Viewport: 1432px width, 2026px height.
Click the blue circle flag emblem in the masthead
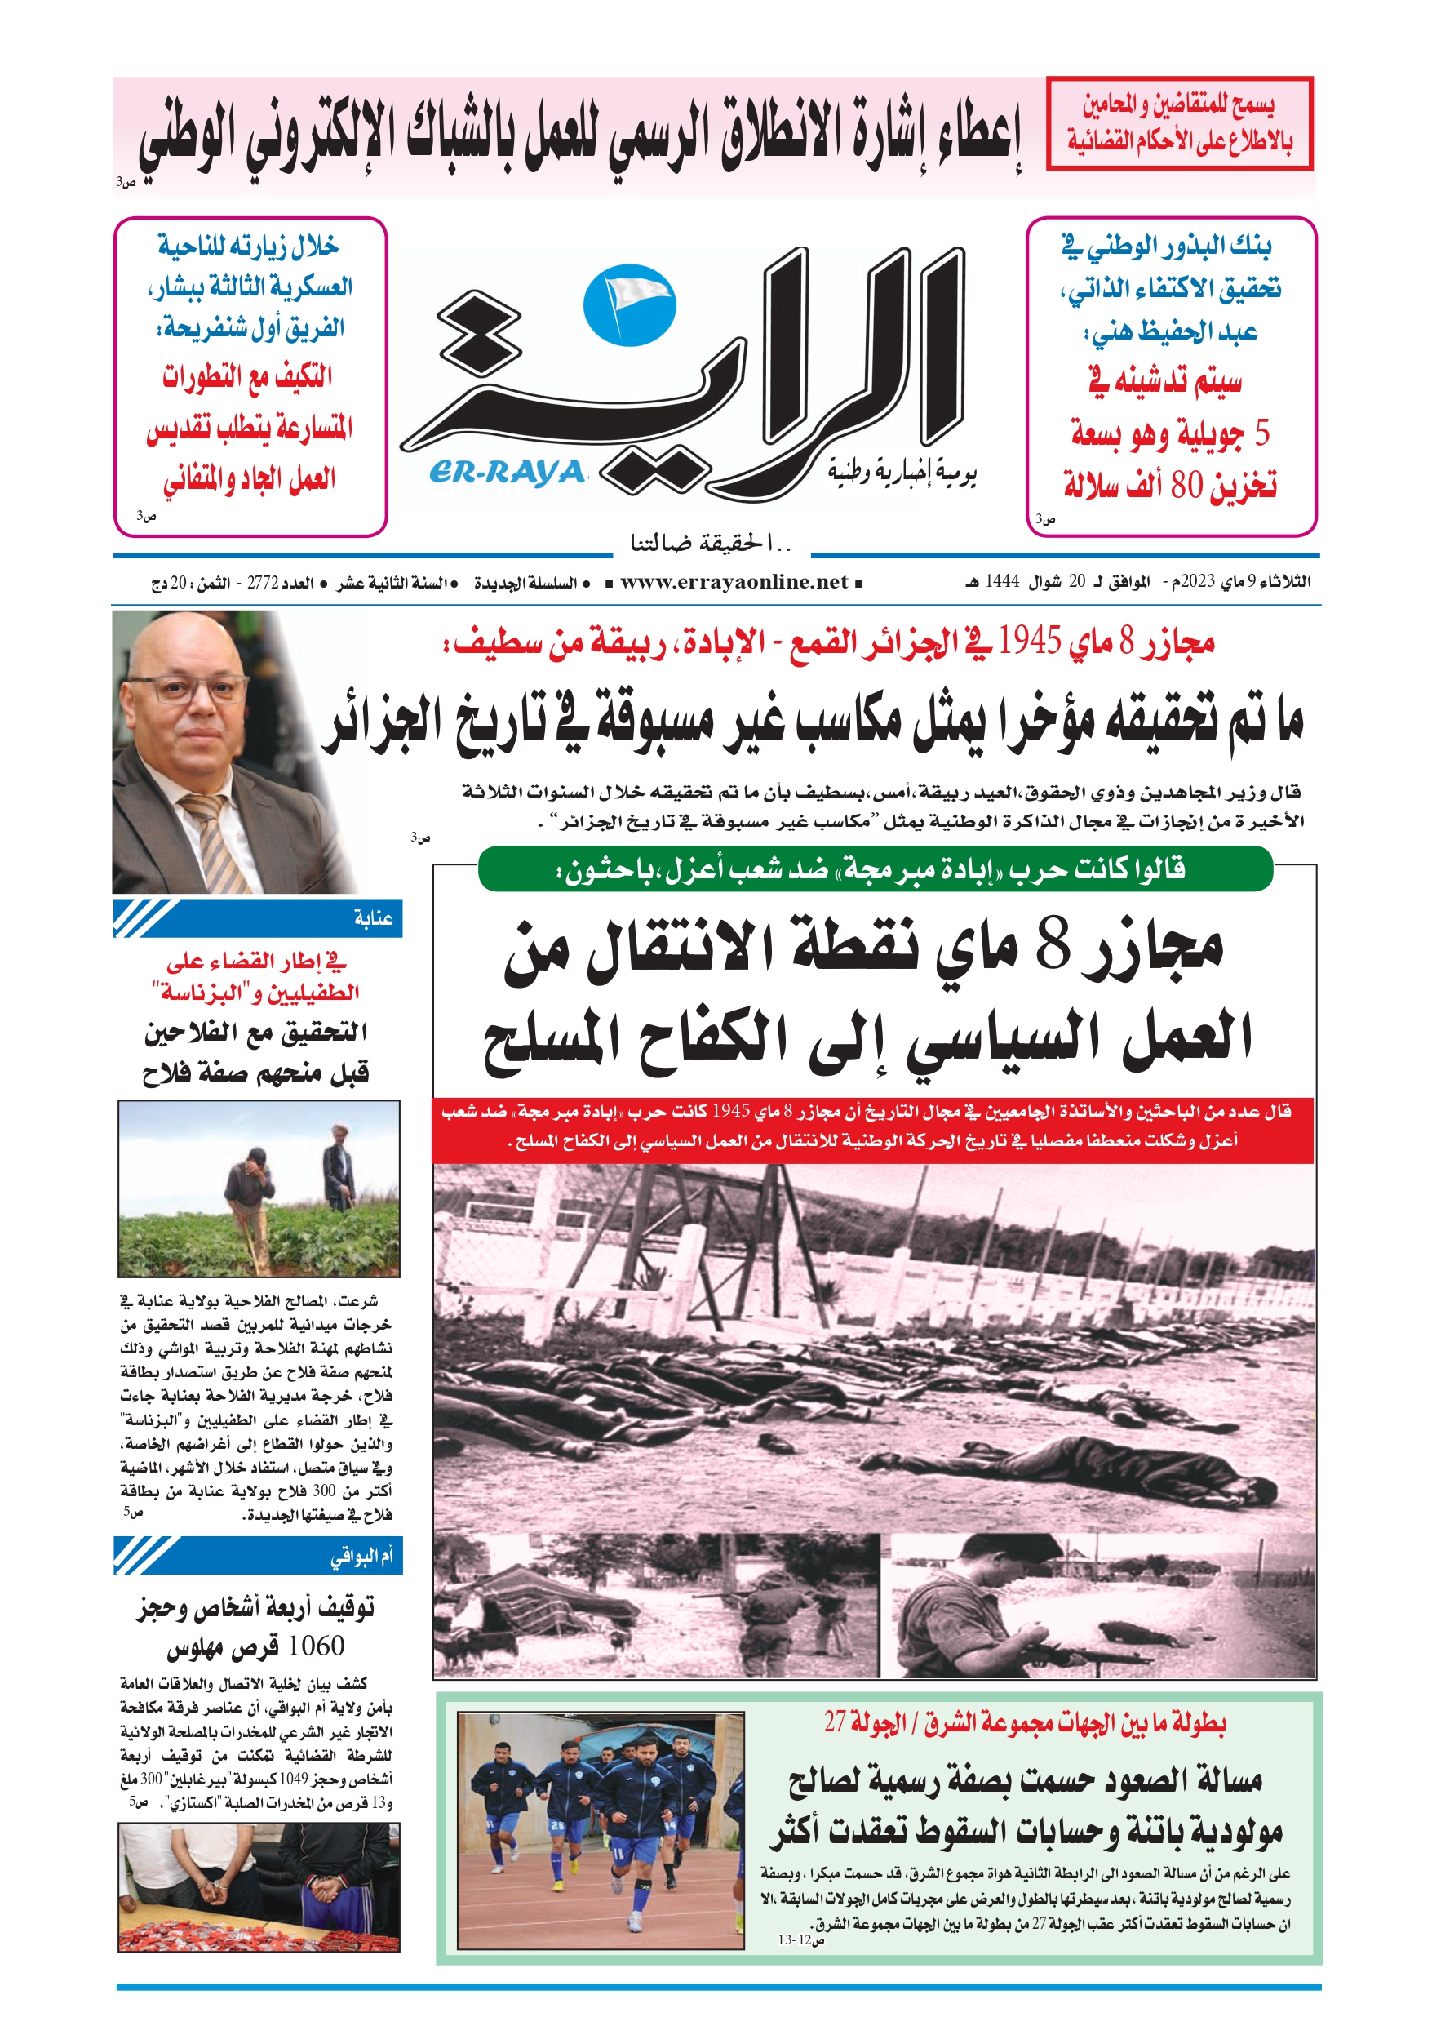click(629, 306)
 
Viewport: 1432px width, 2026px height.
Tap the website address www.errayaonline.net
click(734, 581)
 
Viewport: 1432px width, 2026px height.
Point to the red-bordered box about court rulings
click(1179, 122)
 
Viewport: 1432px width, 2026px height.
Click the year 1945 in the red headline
click(1029, 642)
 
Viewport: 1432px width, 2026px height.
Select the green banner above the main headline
click(875, 870)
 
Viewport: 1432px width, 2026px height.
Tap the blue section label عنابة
click(373, 918)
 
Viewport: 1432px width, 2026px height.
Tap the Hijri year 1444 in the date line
click(1001, 581)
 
